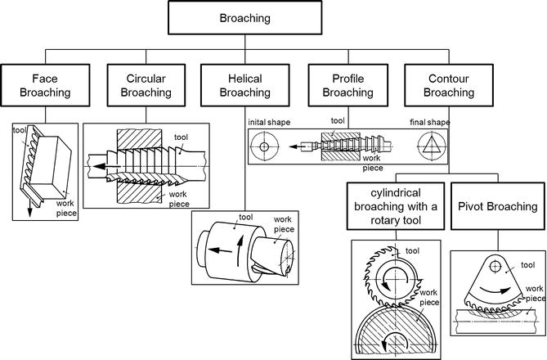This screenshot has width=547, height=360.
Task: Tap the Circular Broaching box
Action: pyautogui.click(x=147, y=86)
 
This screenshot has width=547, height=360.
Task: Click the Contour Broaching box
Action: pyautogui.click(x=451, y=86)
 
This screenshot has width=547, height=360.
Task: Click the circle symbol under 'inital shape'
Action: pyautogui.click(x=265, y=149)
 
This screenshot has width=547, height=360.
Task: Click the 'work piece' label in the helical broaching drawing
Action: pyautogui.click(x=283, y=225)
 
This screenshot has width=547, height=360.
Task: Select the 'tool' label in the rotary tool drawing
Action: pyautogui.click(x=413, y=250)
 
